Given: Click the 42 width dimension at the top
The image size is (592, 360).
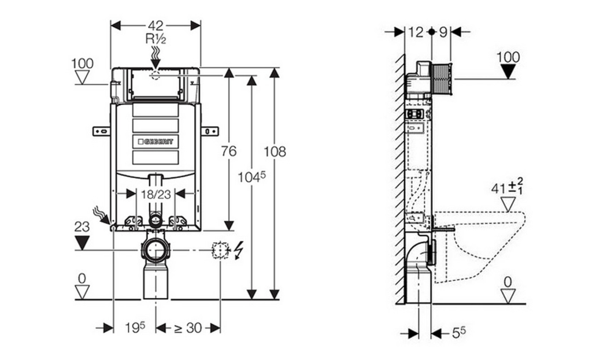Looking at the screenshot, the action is tap(155, 25).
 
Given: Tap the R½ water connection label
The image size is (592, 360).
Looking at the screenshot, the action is tap(156, 39).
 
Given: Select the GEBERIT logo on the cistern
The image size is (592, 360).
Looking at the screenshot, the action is tap(156, 142).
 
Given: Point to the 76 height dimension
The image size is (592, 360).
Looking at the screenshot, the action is tap(229, 151).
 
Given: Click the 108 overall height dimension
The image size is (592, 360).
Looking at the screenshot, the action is tap(275, 151).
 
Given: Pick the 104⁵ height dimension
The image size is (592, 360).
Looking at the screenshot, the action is tap(251, 176).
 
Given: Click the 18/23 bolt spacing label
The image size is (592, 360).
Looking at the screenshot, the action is tap(156, 194).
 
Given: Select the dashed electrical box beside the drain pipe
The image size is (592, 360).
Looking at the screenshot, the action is tap(221, 250).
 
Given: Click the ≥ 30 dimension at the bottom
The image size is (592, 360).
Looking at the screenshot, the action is tap(188, 328).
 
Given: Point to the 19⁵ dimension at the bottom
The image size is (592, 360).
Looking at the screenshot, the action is tap(135, 328).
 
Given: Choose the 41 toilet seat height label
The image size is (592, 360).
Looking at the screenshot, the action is tap(507, 188).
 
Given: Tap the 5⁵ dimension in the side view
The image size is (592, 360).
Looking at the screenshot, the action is tap(458, 332).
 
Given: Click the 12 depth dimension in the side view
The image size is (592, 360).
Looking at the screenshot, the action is tap(416, 32).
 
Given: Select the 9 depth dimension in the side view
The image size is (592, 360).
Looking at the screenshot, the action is tap(443, 32).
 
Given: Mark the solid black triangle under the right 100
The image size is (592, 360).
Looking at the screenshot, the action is tap(508, 71).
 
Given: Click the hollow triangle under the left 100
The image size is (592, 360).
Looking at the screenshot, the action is tap(82, 77).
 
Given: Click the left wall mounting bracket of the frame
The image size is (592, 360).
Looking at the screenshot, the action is tap(102, 131).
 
